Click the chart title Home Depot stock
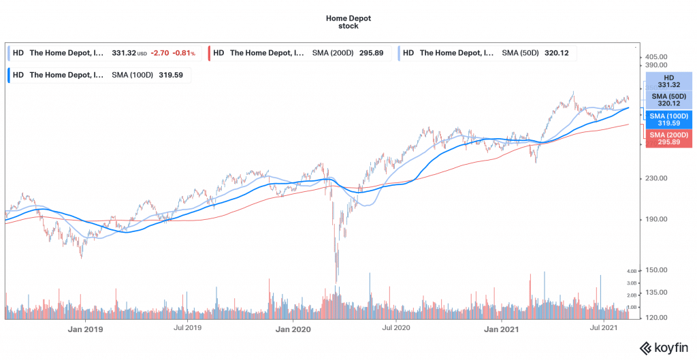pyautogui.click(x=348, y=22)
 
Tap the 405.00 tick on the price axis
pyautogui.click(x=660, y=57)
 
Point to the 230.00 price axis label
pyautogui.click(x=660, y=178)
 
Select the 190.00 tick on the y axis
pyautogui.click(x=660, y=220)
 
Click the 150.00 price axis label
pyautogui.click(x=660, y=270)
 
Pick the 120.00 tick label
pyautogui.click(x=660, y=318)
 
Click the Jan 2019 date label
pyautogui.click(x=85, y=329)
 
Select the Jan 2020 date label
pyautogui.click(x=293, y=329)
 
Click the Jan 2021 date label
pyautogui.click(x=501, y=329)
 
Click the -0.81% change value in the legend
pyautogui.click(x=183, y=52)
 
